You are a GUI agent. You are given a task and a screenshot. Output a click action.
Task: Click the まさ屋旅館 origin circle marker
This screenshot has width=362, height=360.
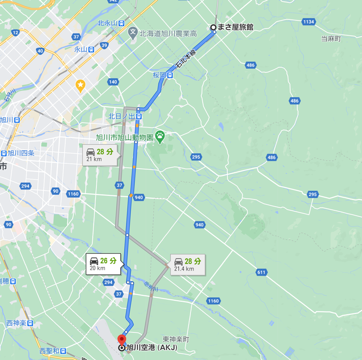pos(213,27)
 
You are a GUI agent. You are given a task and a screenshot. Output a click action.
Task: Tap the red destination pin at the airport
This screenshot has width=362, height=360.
pos(122,340)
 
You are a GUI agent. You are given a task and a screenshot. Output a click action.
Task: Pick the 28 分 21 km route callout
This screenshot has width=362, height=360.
pos(102,155)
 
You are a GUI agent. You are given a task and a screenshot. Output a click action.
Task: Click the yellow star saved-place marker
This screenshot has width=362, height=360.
pos(81,85)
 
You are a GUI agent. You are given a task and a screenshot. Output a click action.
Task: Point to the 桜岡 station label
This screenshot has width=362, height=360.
pos(159,75)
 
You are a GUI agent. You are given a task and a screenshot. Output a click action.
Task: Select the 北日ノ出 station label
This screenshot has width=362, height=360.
pos(121,116)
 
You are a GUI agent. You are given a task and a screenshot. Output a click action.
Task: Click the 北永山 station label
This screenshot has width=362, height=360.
pos(107,23)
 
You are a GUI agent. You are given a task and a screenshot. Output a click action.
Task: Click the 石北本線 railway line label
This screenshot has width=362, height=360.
pos(186,59)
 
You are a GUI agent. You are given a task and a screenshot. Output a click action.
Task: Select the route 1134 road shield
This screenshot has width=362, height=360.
pos(309,22)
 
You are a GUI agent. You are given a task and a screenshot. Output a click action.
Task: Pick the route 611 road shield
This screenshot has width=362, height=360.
pos(261,272)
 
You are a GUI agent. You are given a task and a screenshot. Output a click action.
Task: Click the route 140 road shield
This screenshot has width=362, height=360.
pos(113,82)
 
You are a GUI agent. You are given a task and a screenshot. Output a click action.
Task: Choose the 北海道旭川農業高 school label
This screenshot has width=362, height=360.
pos(167,33)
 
